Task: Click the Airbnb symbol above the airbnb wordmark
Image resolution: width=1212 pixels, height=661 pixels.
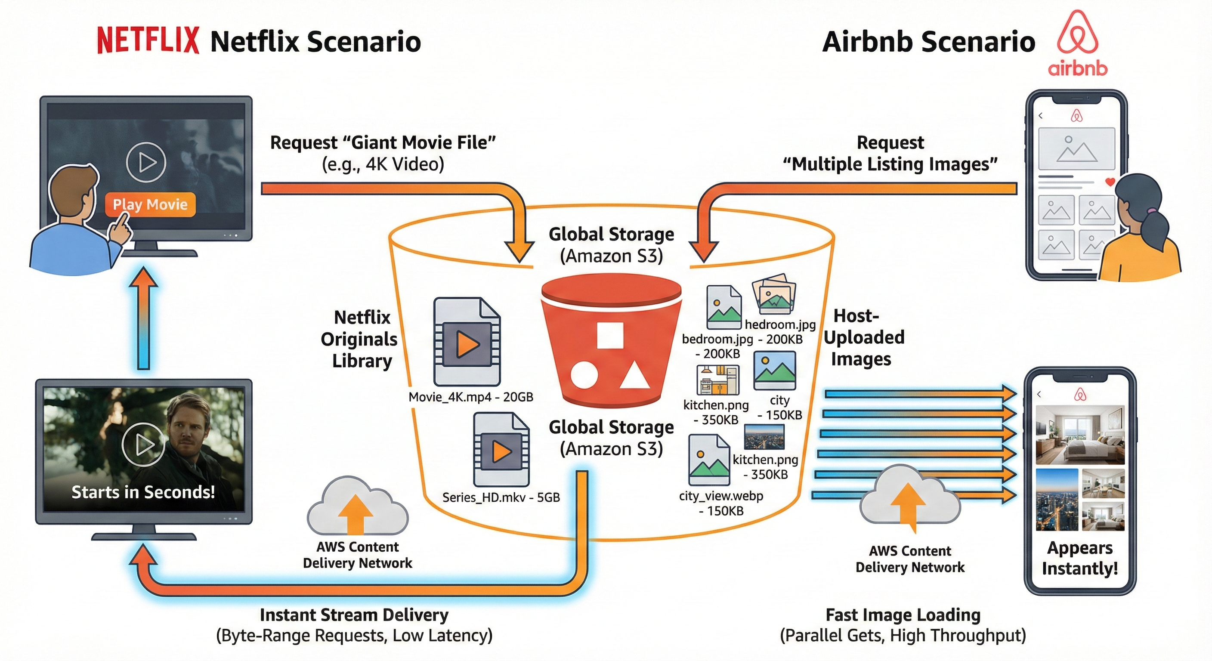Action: [x=1077, y=33]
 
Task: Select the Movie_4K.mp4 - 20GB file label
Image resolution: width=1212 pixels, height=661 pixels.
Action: [x=470, y=397]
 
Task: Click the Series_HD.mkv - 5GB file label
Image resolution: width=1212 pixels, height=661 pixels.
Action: [x=501, y=497]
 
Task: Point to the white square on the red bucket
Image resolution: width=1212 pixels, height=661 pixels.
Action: [x=610, y=335]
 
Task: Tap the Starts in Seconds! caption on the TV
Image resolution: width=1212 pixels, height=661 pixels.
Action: [x=143, y=492]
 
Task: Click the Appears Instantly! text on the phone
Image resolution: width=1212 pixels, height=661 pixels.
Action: [x=1080, y=558]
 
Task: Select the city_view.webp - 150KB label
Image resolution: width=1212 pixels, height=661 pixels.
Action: [x=721, y=503]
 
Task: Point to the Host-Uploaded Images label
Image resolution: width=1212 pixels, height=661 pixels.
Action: [x=863, y=337]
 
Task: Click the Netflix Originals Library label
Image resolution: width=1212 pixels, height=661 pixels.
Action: [x=360, y=339]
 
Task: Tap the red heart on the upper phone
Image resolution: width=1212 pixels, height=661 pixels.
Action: [x=1110, y=182]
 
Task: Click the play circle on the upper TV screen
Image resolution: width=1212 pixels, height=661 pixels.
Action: [x=146, y=162]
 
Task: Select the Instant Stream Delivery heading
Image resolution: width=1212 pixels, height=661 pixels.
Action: [x=354, y=615]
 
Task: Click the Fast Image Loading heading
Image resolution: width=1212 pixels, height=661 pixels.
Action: [x=903, y=615]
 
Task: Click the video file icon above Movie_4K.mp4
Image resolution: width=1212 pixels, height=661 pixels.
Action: [x=466, y=342]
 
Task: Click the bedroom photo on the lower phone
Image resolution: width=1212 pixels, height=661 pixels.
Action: [x=1080, y=435]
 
